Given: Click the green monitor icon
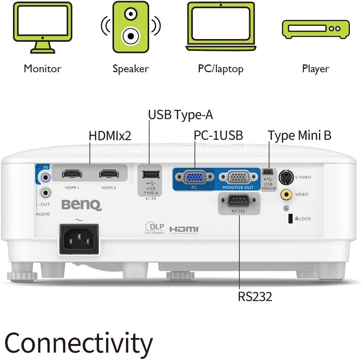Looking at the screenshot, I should (43, 27).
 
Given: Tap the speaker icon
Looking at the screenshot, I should (131, 27).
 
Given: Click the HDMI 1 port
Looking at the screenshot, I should (72, 174).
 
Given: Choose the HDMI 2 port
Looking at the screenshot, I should (109, 174).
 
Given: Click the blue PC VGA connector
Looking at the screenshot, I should (194, 178).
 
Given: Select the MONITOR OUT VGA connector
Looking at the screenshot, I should (238, 178).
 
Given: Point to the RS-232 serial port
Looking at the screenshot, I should (238, 202).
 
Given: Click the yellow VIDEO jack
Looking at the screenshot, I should (287, 194).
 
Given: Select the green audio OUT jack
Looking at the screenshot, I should (46, 192).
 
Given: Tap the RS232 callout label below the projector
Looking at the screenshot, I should (255, 296).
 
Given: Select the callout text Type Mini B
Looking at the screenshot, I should (300, 135).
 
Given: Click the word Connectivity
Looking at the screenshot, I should (78, 343).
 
